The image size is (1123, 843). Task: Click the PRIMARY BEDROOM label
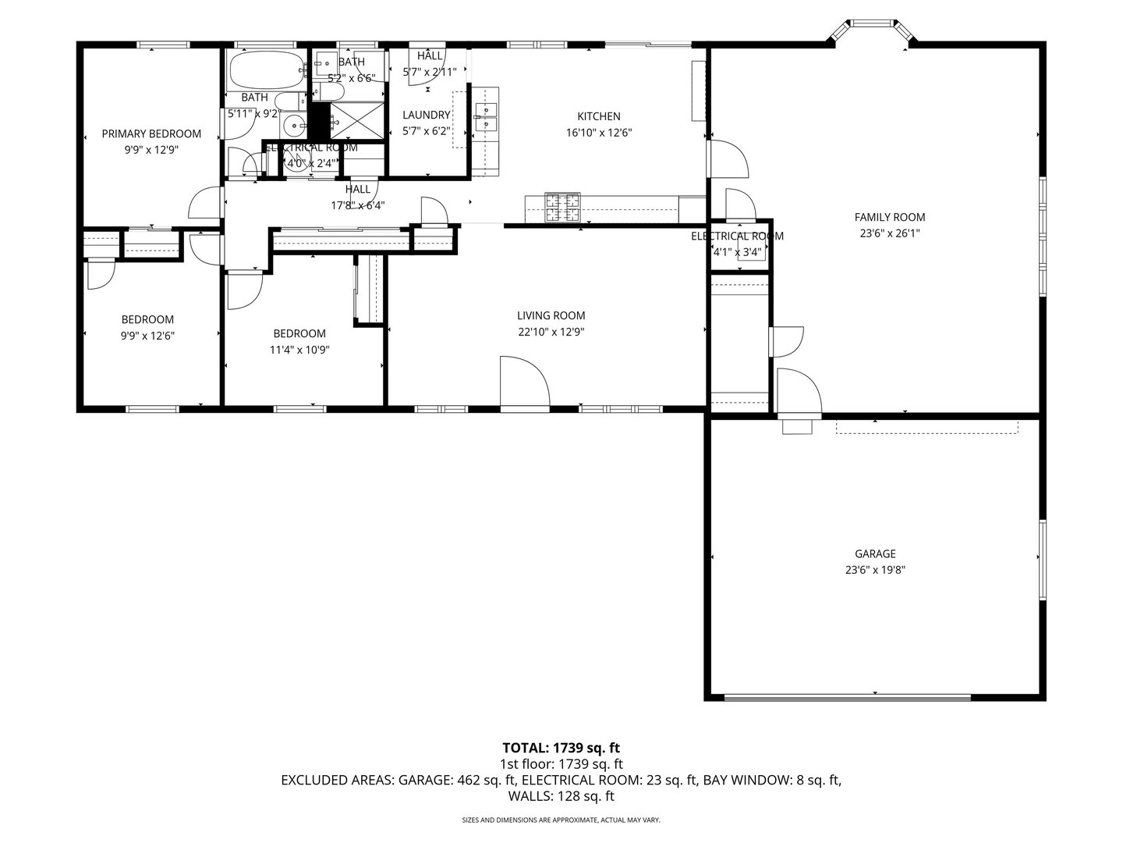[151, 133]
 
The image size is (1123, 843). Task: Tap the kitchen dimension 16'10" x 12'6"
[598, 133]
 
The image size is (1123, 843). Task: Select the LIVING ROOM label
[551, 315]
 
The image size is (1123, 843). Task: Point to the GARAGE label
[874, 553]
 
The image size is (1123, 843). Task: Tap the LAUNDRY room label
[426, 115]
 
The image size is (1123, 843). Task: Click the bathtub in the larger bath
[264, 70]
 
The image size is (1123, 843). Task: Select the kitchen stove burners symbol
[562, 205]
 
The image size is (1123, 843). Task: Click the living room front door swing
[525, 382]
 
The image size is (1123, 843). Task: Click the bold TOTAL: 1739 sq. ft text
[561, 748]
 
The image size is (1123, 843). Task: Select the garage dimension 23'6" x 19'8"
[874, 570]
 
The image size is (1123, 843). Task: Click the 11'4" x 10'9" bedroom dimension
[299, 350]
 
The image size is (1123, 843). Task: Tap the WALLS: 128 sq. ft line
[561, 796]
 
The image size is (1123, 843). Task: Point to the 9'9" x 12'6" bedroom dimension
[147, 336]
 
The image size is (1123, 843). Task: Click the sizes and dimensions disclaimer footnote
[561, 820]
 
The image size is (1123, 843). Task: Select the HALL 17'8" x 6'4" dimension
[357, 206]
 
